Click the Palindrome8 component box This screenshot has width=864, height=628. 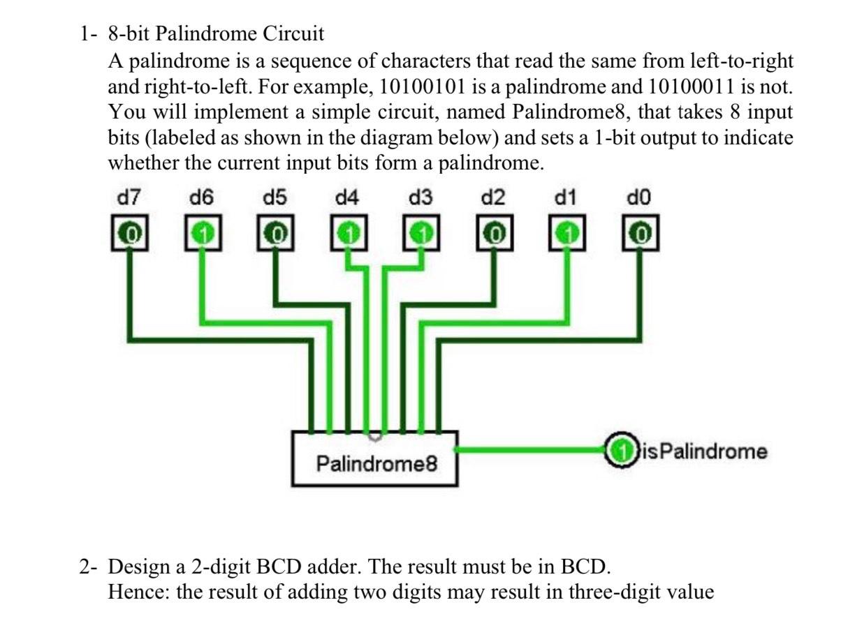click(375, 461)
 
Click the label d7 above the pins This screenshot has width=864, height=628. click(128, 198)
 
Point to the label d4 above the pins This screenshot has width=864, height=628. click(347, 198)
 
